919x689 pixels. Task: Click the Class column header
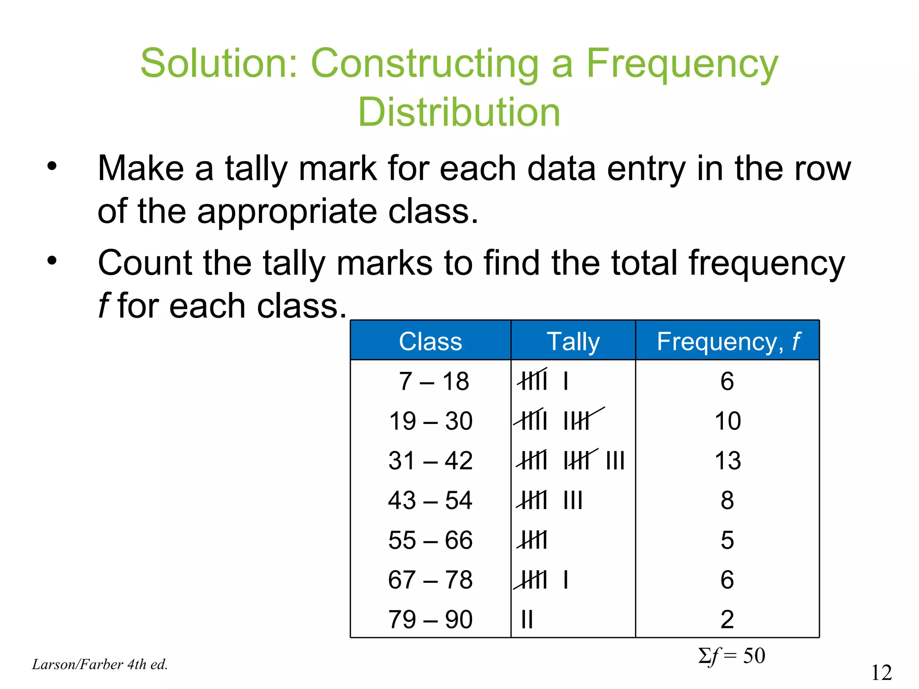[x=430, y=341]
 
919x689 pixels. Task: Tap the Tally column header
[x=573, y=341]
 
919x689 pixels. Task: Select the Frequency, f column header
[x=728, y=341]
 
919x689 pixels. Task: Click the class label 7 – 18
[x=433, y=381]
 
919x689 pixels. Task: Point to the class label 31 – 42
[x=430, y=461]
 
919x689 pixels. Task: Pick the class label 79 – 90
[x=430, y=619]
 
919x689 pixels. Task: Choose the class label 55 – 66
[x=430, y=540]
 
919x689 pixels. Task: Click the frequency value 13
[x=727, y=461]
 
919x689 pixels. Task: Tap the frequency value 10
[x=727, y=421]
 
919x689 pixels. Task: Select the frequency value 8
[x=727, y=500]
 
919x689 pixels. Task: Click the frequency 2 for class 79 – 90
[x=727, y=619]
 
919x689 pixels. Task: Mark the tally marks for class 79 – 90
[x=527, y=619]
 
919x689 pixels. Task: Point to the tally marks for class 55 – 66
[x=533, y=540]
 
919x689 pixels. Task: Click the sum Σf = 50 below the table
[x=731, y=656]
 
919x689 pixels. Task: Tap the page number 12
[x=881, y=672]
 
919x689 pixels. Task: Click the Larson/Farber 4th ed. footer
[x=100, y=664]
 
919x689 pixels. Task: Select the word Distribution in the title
[x=459, y=112]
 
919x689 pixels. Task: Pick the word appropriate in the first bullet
[x=287, y=211]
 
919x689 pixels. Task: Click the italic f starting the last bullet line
[x=104, y=306]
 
